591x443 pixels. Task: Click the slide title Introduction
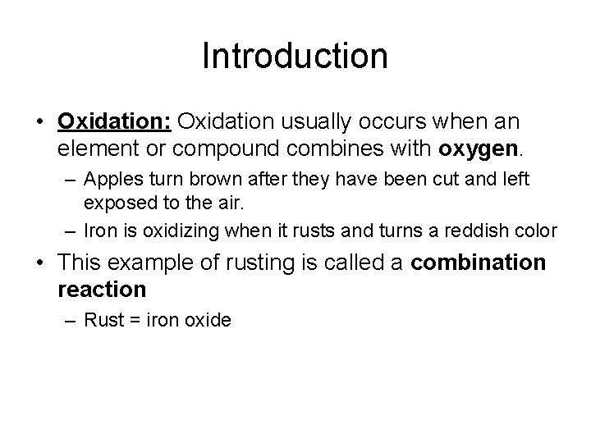click(295, 57)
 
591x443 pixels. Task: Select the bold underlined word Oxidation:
click(114, 121)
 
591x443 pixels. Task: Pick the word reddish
click(461, 231)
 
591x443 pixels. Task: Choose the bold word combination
click(478, 263)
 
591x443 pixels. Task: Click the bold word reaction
click(102, 289)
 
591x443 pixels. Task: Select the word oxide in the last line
click(209, 319)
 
